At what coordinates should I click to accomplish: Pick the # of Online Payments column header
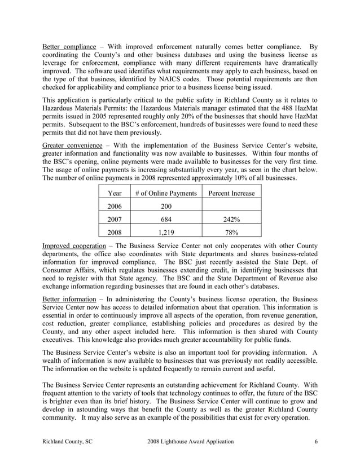tap(166, 194)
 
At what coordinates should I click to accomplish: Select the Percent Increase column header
tap(231, 194)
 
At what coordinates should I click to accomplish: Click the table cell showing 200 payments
tap(166, 206)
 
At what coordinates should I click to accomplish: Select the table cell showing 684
tap(166, 219)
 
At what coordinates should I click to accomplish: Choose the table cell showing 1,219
tap(166, 232)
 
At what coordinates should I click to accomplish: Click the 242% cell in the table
tap(231, 219)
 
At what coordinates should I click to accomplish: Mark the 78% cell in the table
tap(231, 232)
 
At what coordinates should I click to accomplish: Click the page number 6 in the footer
tap(316, 441)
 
